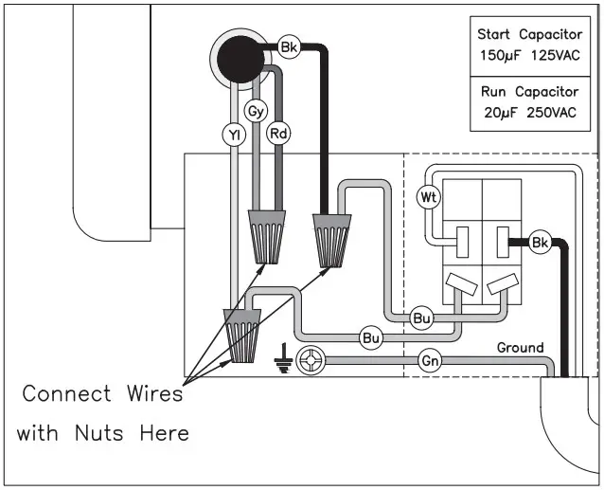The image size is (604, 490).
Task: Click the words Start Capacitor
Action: (529, 34)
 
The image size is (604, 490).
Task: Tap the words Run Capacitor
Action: (529, 93)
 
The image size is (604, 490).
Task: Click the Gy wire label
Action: (255, 111)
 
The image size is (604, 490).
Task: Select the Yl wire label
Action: (233, 136)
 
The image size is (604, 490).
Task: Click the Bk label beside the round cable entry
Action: (290, 45)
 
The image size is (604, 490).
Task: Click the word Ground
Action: (521, 348)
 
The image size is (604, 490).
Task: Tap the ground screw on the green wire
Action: (311, 360)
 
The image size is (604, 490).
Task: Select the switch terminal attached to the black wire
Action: (503, 243)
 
